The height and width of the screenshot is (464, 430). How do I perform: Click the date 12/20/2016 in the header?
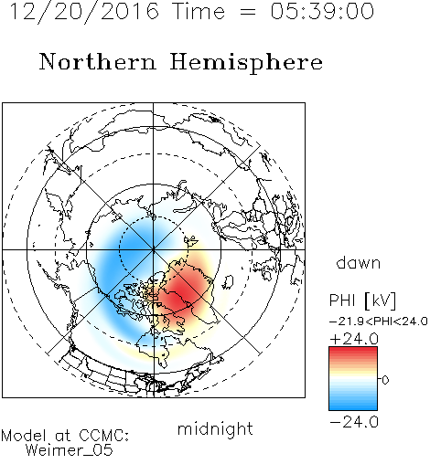point(84,12)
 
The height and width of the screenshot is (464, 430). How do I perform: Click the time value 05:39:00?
point(322,11)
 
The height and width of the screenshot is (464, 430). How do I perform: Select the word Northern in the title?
point(98,62)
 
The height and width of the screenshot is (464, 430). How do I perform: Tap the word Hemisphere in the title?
point(246,63)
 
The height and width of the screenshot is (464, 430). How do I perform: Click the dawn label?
point(359,262)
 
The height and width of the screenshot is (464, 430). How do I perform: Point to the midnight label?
point(215,429)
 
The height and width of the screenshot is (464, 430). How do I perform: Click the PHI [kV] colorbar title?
point(362,301)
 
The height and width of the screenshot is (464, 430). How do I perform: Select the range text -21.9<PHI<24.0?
point(379,322)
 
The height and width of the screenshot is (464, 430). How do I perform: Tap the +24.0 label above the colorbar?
point(354,339)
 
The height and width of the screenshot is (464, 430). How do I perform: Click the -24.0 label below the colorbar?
point(354,422)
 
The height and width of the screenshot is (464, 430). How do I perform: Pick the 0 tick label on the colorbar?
point(385,380)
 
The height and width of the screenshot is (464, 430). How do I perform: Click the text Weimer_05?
point(70,450)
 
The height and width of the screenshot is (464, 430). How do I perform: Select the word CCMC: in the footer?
point(104,436)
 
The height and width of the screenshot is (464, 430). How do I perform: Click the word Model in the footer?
point(24,436)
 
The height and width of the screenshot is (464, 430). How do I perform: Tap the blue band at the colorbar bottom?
point(353,406)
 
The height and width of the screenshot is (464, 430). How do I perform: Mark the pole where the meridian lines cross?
point(154,249)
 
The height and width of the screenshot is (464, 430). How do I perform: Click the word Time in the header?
point(199,11)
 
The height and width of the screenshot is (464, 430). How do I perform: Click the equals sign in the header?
point(248,12)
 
